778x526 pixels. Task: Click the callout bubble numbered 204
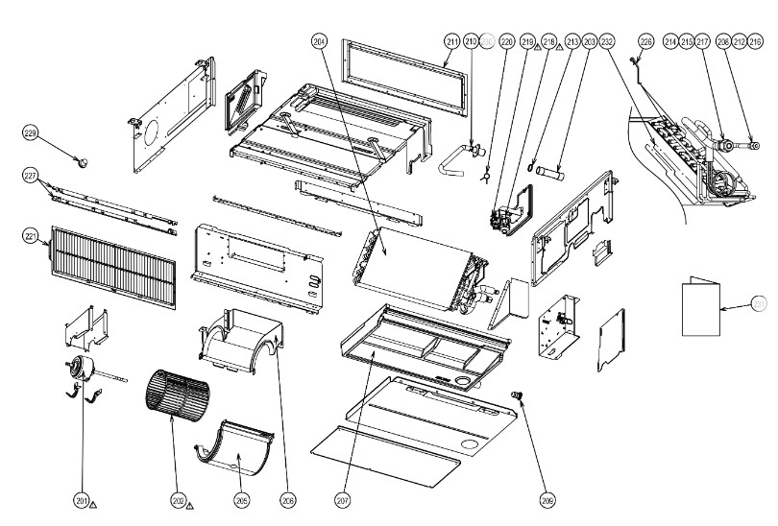(x=320, y=41)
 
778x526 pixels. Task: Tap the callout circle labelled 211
(x=451, y=41)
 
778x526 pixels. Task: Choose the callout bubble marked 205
(x=241, y=499)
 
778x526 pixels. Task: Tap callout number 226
(x=645, y=41)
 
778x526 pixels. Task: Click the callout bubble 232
(x=606, y=41)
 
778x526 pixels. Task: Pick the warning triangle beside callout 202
(x=190, y=502)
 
